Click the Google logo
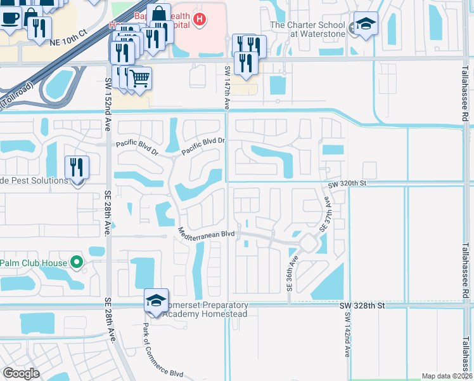[x=21, y=373]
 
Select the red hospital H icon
[x=200, y=20]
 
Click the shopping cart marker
[x=140, y=78]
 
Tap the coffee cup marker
[x=10, y=17]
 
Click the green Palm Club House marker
[x=77, y=262]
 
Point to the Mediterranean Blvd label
[x=207, y=233]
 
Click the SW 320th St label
[x=348, y=184]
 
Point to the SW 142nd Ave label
[x=348, y=339]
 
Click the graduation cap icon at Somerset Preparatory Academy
[x=157, y=300]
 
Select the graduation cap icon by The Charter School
[x=366, y=24]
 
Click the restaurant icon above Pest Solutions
[x=77, y=167]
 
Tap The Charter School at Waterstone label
[x=308, y=30]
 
